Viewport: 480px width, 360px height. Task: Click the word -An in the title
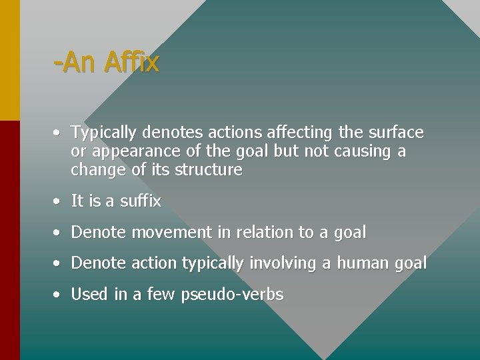tap(75, 63)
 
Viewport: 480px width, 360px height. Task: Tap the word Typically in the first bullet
tap(101, 133)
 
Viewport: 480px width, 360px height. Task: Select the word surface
tap(395, 132)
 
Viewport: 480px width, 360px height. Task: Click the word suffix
tap(141, 201)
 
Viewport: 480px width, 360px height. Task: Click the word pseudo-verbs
tap(232, 295)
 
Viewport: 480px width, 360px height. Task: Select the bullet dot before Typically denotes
tap(59, 133)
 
